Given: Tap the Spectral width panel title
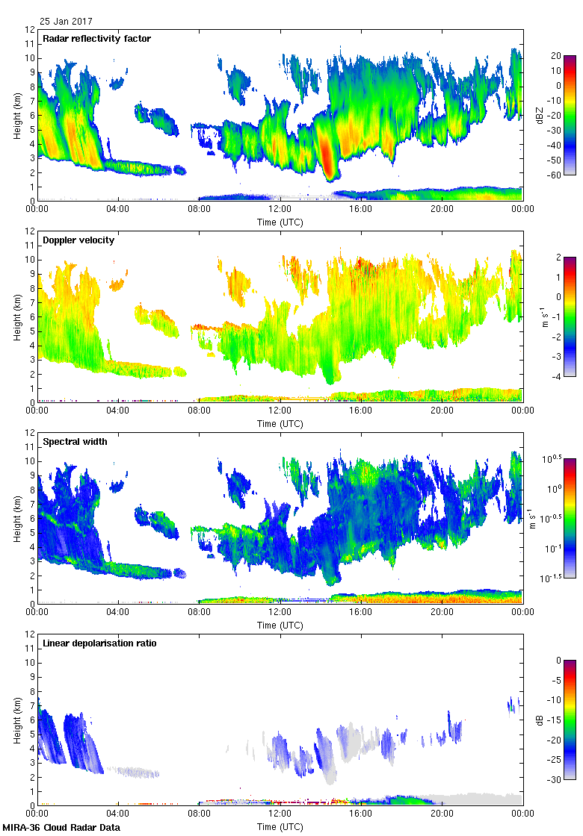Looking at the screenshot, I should point(75,442).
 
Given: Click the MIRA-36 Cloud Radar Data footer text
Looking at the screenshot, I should point(61,827).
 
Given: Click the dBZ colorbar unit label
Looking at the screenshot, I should point(540,115).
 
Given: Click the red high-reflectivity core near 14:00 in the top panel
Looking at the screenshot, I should point(327,153).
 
